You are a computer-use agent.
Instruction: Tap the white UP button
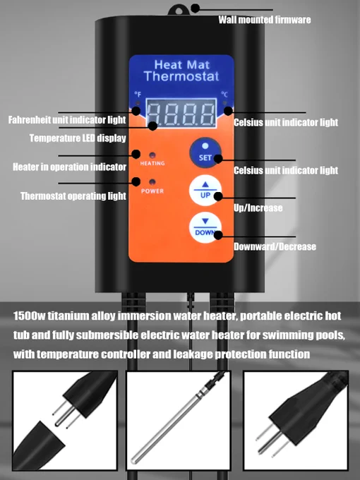click(205, 191)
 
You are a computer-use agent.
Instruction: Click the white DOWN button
click(205, 228)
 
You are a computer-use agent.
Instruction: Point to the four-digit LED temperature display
click(181, 113)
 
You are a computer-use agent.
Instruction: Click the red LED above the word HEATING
click(152, 155)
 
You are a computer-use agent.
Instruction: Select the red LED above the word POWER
click(152, 182)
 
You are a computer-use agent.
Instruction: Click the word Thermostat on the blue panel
click(181, 76)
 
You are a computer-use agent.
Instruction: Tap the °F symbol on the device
click(138, 95)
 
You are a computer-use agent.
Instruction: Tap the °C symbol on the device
click(224, 95)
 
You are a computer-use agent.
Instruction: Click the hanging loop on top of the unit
click(178, 11)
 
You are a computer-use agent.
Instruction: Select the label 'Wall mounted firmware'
click(265, 20)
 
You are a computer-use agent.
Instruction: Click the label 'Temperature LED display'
click(78, 138)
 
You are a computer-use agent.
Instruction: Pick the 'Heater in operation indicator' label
click(69, 167)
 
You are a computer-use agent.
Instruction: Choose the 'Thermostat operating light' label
click(73, 196)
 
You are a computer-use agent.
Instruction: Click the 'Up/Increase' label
click(258, 208)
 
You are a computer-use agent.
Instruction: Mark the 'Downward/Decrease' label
click(275, 246)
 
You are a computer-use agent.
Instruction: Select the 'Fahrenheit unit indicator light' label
click(67, 120)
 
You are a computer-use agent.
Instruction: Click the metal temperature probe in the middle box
click(178, 418)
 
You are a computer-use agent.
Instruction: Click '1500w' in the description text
click(29, 316)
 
